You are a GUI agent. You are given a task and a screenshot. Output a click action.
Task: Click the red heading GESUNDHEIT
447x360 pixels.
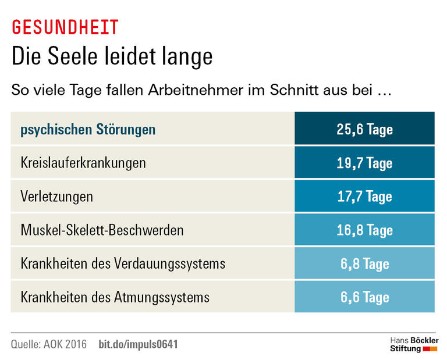[65, 27]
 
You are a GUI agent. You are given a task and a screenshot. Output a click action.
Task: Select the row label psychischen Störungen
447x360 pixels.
[88, 129]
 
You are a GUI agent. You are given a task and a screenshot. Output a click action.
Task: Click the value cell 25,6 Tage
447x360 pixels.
[364, 129]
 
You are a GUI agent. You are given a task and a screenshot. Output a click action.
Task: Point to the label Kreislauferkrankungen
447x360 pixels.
[83, 163]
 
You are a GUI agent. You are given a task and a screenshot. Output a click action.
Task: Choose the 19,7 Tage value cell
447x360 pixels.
[364, 163]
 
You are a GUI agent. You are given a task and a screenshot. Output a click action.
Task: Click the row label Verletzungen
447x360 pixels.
[56, 197]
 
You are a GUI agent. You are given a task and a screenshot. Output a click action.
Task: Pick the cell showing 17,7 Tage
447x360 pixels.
[364, 197]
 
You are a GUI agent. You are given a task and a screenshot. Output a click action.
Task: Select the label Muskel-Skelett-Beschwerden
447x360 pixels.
[102, 230]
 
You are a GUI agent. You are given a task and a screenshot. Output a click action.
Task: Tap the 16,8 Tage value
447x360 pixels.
[364, 230]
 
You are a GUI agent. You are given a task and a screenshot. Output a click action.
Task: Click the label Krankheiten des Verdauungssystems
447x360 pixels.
[123, 264]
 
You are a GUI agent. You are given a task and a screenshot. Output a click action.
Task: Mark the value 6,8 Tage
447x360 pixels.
[364, 264]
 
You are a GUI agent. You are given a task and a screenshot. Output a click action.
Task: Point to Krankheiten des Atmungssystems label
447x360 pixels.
[115, 298]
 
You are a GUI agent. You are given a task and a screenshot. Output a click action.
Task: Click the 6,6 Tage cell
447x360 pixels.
[364, 298]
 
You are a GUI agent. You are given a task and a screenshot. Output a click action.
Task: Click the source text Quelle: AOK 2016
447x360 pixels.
[49, 344]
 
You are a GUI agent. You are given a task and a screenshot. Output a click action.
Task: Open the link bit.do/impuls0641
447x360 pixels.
[138, 344]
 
